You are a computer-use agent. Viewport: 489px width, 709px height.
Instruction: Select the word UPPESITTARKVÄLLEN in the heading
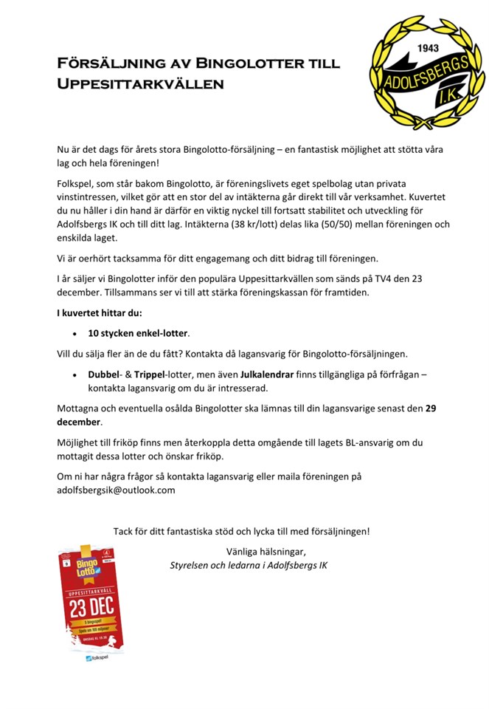(140, 83)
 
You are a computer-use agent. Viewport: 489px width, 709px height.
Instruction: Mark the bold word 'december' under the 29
(79, 422)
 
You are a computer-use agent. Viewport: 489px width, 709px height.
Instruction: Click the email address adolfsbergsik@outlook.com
(116, 490)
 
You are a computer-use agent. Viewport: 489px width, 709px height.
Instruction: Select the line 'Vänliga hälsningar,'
(265, 551)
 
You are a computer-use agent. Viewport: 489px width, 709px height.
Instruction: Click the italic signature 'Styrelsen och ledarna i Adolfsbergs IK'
(249, 565)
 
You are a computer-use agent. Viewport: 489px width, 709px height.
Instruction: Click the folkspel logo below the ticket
(92, 657)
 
